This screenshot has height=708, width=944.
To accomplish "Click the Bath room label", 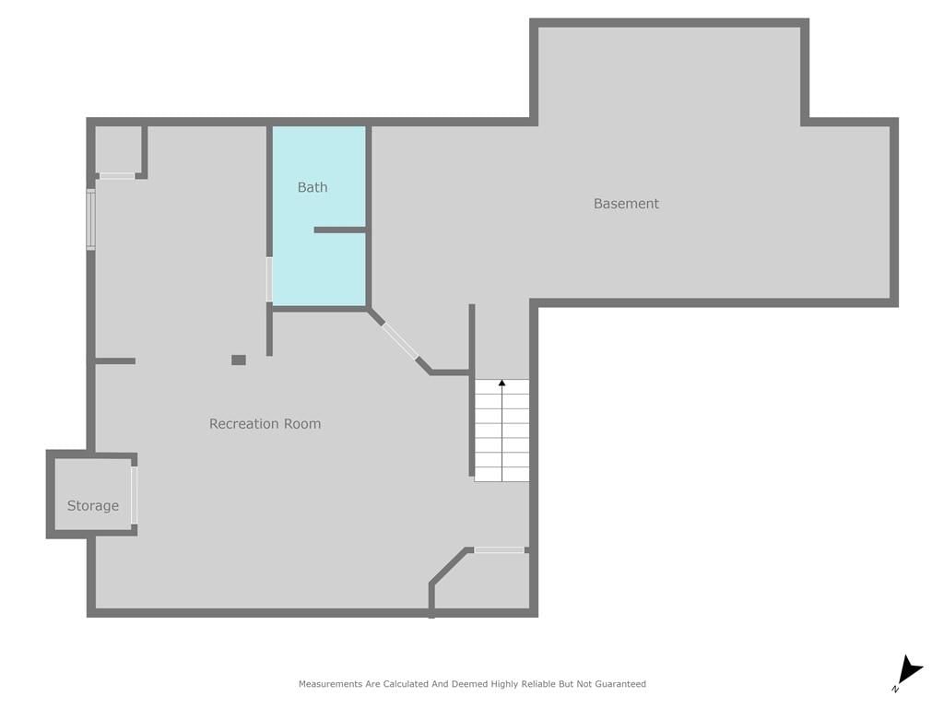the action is (x=313, y=187).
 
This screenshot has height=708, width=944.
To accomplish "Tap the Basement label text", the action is (x=626, y=204).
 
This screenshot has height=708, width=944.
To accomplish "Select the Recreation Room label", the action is (x=265, y=424).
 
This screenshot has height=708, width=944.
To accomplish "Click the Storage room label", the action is (x=93, y=506).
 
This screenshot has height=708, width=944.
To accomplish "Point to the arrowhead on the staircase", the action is (x=502, y=383).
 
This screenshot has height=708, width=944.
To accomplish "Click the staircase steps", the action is (x=502, y=431).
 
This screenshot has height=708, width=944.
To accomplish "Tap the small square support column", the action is (x=239, y=360).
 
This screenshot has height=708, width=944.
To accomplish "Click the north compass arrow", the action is (x=910, y=671).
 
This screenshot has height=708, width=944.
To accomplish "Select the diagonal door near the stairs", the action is (x=400, y=341).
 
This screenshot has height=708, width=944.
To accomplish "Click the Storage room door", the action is (x=135, y=495).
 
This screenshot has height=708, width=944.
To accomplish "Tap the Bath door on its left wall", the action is (x=269, y=279).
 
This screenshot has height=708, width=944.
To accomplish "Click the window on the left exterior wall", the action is (x=91, y=219).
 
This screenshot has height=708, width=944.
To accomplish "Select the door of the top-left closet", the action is (x=117, y=176).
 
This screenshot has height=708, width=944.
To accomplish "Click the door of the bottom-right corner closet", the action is (x=499, y=549).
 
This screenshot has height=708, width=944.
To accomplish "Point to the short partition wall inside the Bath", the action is (x=340, y=230).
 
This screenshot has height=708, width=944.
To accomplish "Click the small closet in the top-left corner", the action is (x=118, y=149).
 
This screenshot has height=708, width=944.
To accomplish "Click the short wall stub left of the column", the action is (x=115, y=361).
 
